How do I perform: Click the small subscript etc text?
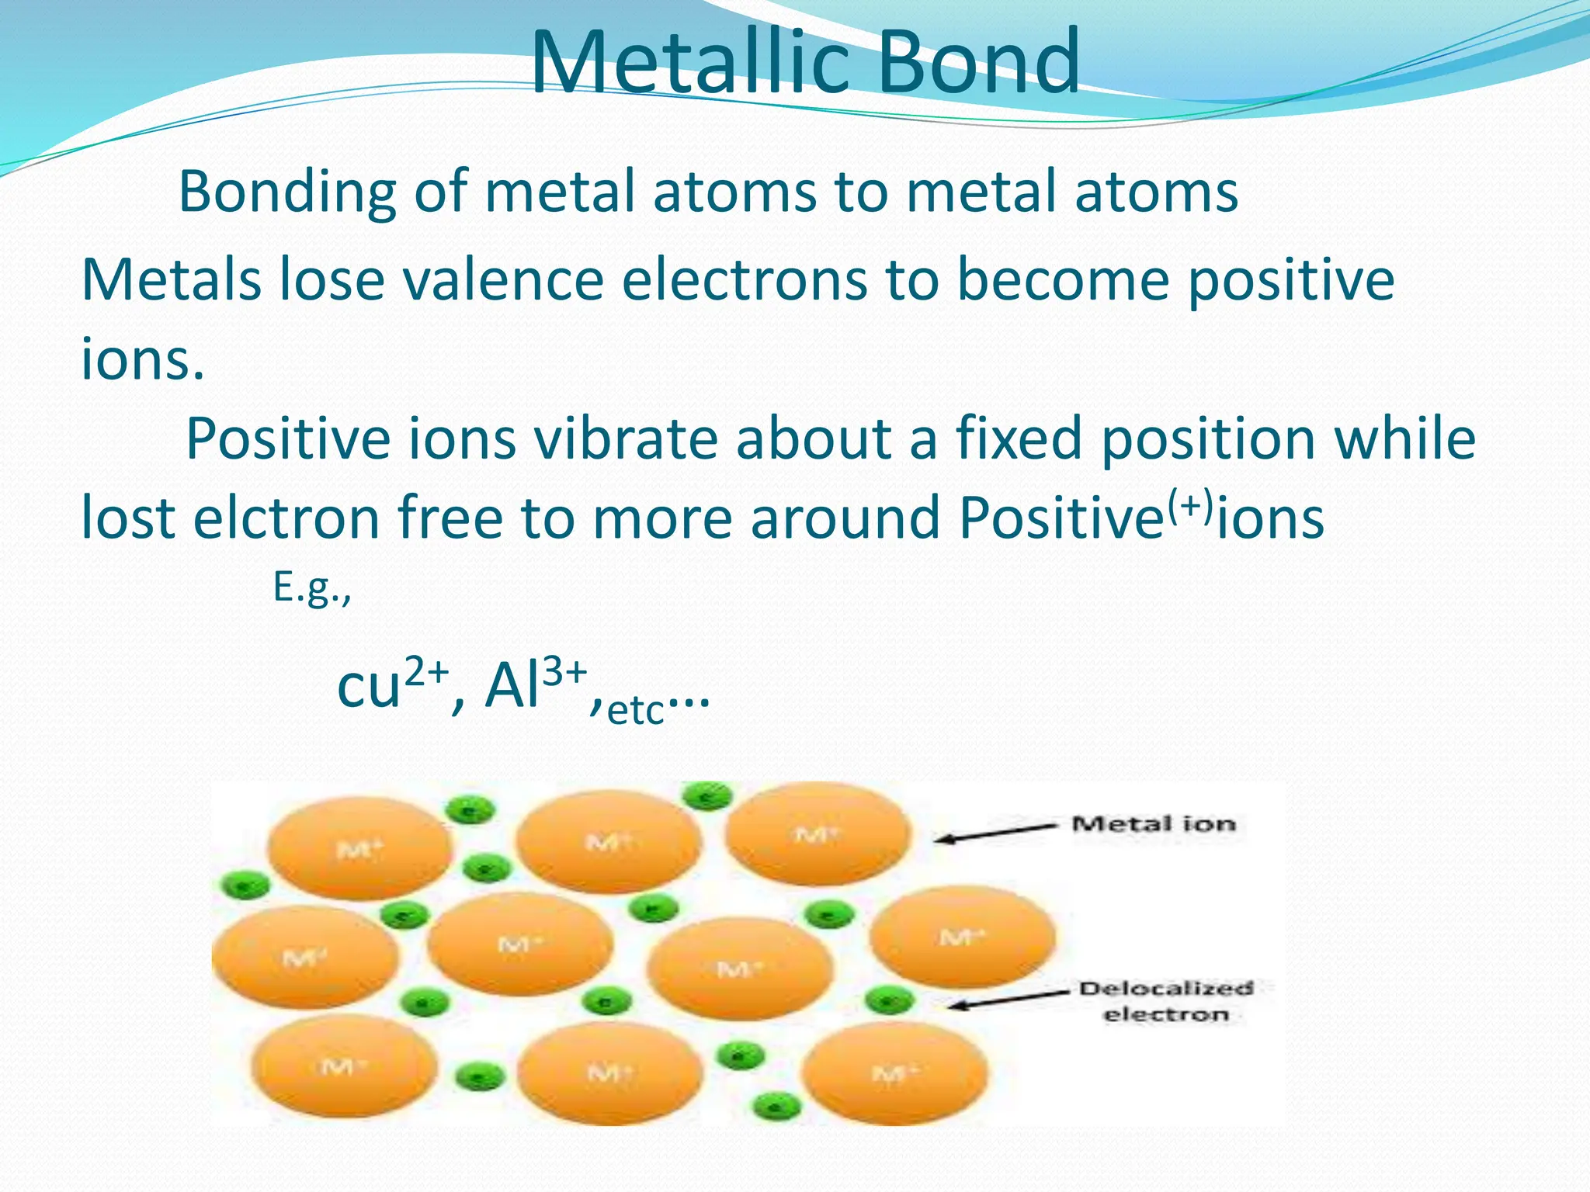[636, 710]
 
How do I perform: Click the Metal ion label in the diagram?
[1154, 823]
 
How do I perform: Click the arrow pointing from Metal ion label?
[998, 833]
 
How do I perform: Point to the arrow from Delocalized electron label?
[1009, 1000]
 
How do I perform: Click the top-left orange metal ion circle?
[359, 847]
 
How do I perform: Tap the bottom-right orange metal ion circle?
[894, 1072]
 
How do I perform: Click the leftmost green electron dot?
[245, 885]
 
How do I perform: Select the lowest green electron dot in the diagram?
[777, 1104]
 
